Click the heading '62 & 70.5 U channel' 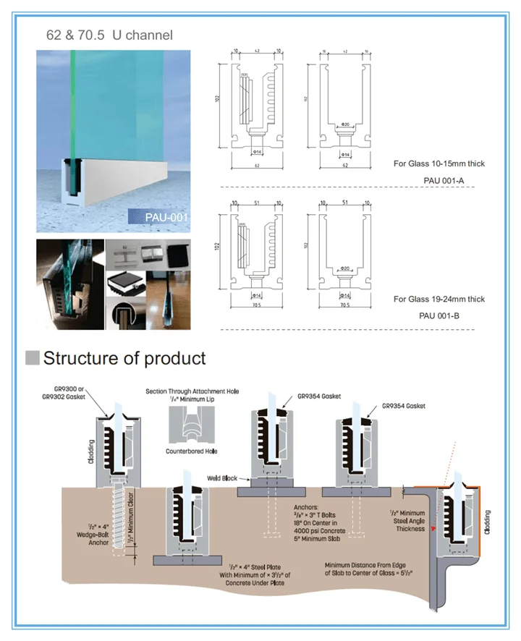(109, 34)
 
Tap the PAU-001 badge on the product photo (158, 216)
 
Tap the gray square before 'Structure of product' (32, 357)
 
